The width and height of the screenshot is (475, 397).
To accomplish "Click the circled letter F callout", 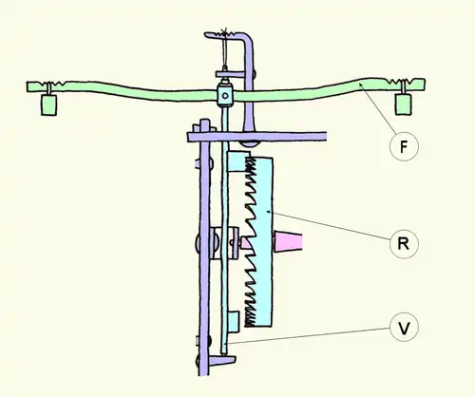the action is [404, 146].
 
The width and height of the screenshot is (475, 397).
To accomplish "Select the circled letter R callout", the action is [404, 244].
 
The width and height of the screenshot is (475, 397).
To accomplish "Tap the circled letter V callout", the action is [404, 327].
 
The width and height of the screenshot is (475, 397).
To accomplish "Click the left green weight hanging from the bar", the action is [49, 104].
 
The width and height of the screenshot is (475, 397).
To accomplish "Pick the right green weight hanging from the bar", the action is [404, 104].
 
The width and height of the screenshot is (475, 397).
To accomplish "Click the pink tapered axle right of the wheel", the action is [288, 241].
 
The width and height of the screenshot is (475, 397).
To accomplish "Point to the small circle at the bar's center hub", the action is [225, 95].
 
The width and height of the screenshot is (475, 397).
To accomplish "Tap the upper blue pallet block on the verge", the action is [238, 161].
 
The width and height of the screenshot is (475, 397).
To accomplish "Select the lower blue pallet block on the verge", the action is [234, 322].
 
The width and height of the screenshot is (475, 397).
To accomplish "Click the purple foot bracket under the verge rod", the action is [223, 360].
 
